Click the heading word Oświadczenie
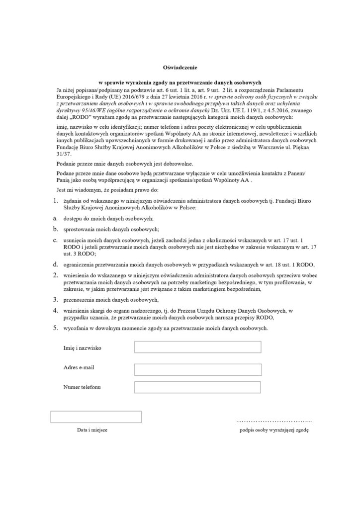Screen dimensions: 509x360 coord(180,67)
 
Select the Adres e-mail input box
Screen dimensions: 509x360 coord(198,369)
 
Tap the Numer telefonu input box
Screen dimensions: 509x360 coord(198,387)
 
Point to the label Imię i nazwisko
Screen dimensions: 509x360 coord(83,348)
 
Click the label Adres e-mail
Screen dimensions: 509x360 coord(79,367)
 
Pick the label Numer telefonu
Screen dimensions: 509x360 coord(83,387)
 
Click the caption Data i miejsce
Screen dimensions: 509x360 coord(92,429)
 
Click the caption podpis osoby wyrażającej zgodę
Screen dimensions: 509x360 coord(274,429)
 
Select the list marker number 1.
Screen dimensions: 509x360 coord(56,200)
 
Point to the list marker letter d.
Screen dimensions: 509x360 coord(56,263)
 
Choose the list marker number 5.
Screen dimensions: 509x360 coord(56,328)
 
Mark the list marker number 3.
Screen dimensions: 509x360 coord(56,299)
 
